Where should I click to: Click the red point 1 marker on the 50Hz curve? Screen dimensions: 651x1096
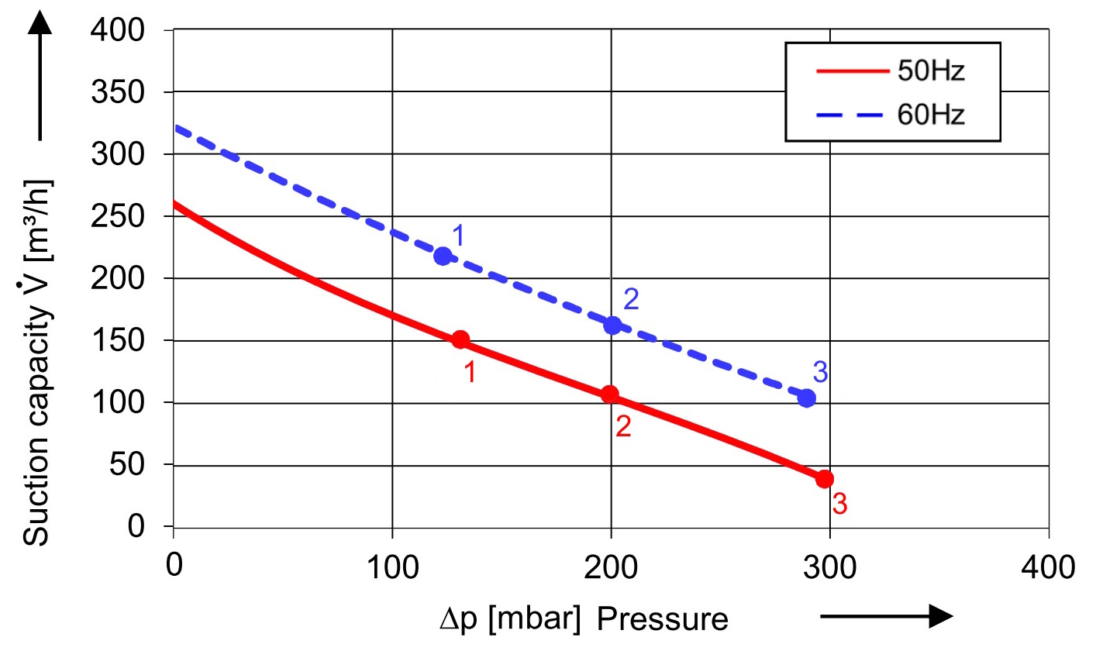pos(460,339)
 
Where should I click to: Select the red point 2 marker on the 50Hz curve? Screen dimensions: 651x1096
pos(610,394)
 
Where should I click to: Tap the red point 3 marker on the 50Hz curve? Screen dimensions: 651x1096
pos(825,478)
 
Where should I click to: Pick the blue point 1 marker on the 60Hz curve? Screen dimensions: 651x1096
pos(443,256)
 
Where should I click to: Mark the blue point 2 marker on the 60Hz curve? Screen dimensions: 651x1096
pos(612,325)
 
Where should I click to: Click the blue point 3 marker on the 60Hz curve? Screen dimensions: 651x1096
pos(807,398)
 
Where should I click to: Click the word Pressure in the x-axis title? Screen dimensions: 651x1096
pos(663,620)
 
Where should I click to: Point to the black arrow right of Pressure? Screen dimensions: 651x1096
pos(885,617)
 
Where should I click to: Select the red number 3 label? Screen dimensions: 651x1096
pos(839,505)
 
